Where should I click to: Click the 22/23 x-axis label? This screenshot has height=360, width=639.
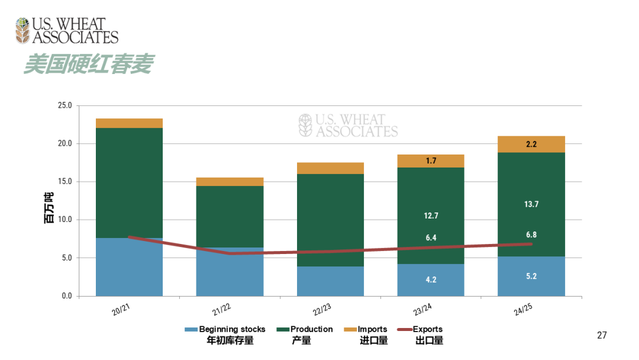[322, 310]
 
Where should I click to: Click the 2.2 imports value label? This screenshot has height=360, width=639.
[531, 144]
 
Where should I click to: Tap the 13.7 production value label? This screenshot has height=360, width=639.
[531, 204]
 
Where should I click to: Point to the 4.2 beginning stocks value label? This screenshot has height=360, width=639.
[431, 279]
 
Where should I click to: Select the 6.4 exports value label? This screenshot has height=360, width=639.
[431, 238]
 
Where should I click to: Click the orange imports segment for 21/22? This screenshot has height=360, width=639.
[230, 182]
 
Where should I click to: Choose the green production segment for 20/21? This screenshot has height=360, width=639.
[129, 182]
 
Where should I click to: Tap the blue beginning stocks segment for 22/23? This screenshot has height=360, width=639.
[330, 281]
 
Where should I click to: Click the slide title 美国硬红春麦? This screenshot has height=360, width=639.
[88, 65]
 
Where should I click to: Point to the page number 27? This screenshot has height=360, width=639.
[602, 336]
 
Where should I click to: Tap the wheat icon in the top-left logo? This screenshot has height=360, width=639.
[22, 31]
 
